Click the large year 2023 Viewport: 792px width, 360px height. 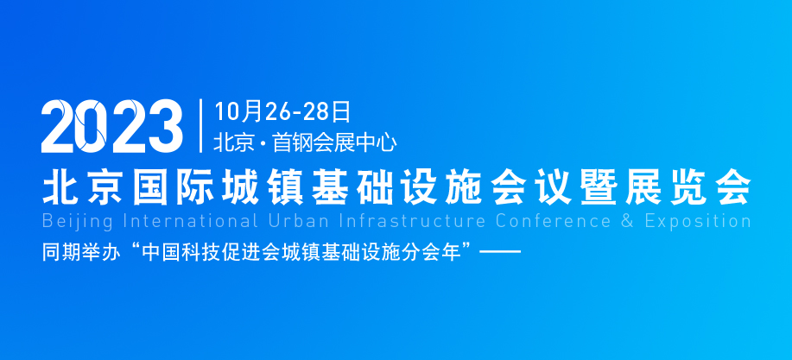(112, 126)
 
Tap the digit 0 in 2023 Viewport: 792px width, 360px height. (93, 126)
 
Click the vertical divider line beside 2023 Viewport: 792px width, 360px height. (201, 126)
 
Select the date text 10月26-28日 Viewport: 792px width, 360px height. (282, 111)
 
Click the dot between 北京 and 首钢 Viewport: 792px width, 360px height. (263, 143)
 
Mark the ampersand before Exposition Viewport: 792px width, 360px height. (627, 221)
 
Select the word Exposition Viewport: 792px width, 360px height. (699, 221)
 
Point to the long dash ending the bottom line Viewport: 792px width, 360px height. (500, 252)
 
